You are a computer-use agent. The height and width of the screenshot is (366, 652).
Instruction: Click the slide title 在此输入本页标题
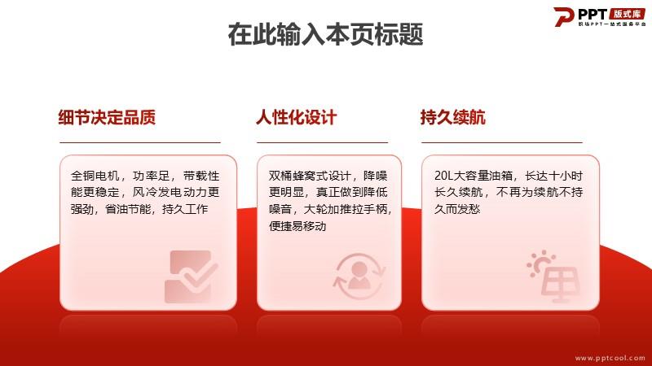point(325,34)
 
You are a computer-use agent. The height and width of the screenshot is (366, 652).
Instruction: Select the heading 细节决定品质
point(107,117)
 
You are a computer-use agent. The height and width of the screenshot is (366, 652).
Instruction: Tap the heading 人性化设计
point(296,117)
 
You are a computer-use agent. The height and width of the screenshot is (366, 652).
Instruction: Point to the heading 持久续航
point(453,117)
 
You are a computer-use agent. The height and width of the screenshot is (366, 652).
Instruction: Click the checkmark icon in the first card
point(191,277)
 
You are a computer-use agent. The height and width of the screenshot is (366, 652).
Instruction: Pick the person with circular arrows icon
point(359,276)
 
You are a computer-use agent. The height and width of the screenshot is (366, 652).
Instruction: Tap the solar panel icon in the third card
point(553,276)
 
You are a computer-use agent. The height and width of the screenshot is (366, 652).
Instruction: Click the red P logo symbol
point(563,17)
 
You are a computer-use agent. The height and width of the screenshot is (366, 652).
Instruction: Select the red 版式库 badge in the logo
point(628,14)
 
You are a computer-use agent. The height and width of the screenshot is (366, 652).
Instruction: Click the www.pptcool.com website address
point(610,358)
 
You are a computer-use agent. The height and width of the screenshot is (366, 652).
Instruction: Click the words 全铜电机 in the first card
point(95,176)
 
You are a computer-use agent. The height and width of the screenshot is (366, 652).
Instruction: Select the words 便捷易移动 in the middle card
point(297,226)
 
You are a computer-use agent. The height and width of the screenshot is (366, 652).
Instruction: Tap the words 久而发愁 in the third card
point(457,209)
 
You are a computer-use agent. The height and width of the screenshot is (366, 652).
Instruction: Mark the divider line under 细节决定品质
point(140,143)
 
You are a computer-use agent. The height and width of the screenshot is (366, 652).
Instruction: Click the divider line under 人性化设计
point(322,143)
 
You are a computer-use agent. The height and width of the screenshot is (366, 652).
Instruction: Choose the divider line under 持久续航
point(502,143)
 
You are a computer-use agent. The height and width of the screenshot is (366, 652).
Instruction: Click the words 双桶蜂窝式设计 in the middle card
point(310,176)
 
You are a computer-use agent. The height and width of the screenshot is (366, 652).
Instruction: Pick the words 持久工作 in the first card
point(185,209)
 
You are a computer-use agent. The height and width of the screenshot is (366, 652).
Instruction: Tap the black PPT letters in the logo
point(593,15)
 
